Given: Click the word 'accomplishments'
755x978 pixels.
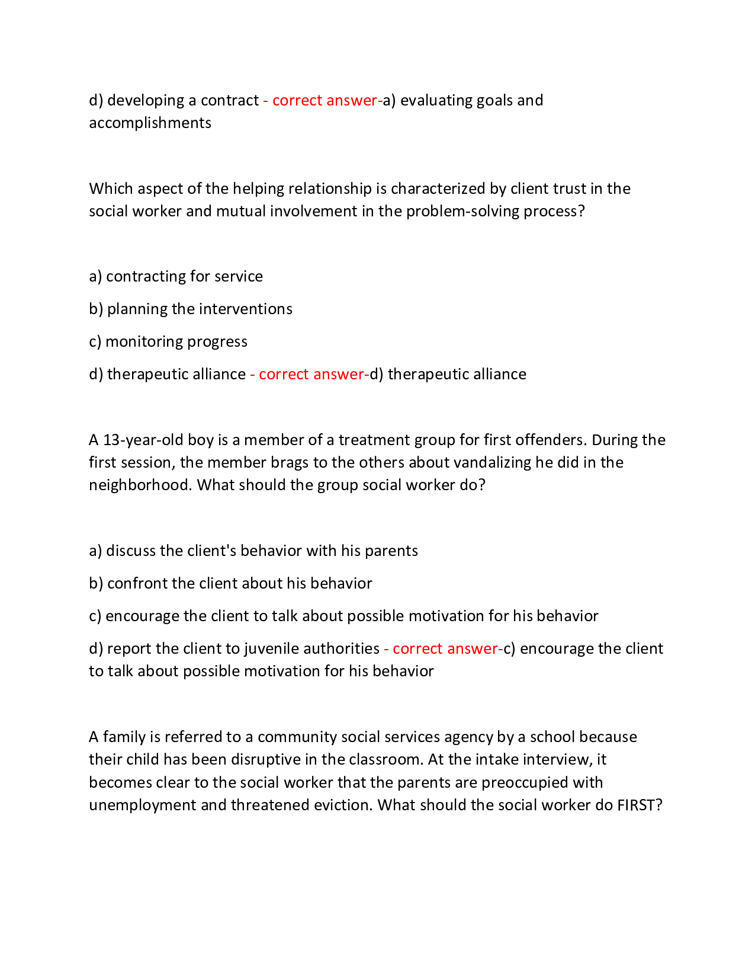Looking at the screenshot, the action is click(x=150, y=123).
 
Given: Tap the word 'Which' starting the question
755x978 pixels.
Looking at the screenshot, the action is click(x=111, y=188).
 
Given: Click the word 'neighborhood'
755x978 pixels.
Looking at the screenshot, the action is click(x=140, y=485).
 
